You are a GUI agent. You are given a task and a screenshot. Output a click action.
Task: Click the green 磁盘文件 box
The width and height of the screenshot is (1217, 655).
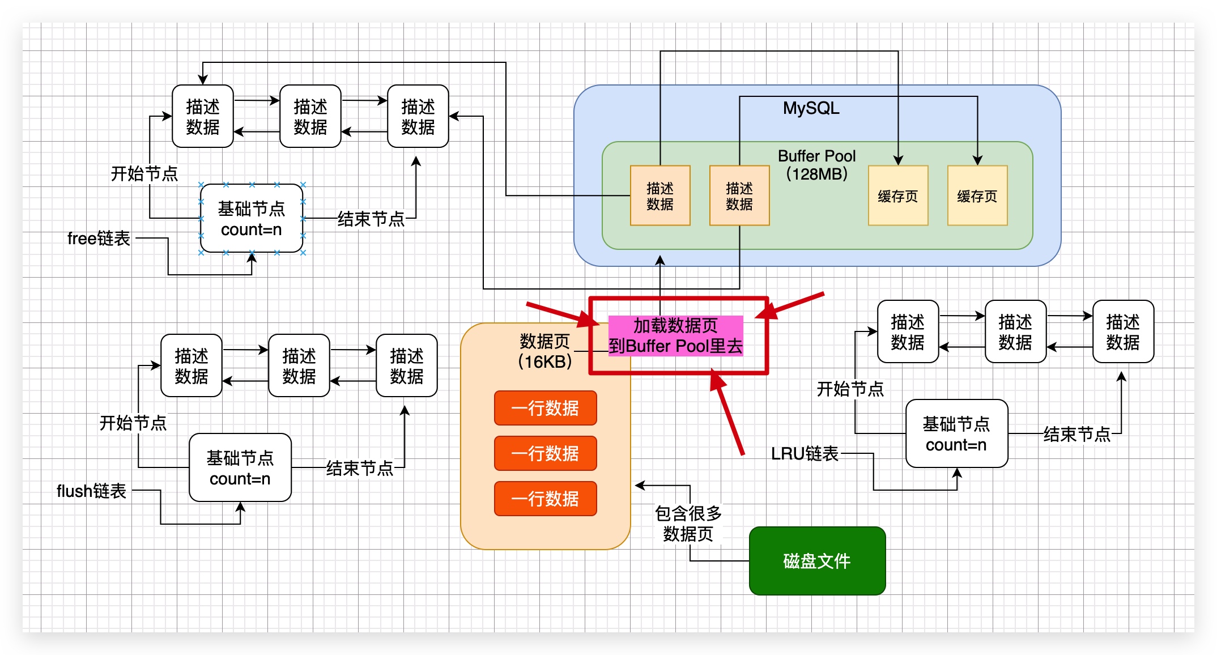pos(816,560)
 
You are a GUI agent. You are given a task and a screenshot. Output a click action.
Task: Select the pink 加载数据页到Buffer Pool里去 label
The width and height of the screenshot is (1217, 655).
pos(675,335)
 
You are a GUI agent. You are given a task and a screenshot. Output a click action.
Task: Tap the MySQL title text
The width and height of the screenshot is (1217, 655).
pos(811,108)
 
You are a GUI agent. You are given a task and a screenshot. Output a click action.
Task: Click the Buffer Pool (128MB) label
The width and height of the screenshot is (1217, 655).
pos(816,165)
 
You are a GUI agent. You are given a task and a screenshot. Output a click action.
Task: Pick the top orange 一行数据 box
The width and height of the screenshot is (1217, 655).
pos(545,408)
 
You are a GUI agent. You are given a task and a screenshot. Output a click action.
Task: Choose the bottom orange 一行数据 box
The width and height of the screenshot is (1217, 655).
pos(545,499)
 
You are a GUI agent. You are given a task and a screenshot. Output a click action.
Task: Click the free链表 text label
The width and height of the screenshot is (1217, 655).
pos(99,239)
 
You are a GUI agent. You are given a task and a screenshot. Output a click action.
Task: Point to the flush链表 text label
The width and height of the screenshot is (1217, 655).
pos(91,491)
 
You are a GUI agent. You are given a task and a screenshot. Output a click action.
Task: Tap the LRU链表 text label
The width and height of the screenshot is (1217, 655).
pos(804,453)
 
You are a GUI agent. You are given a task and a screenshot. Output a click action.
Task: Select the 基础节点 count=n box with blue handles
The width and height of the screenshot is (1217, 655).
pos(251,219)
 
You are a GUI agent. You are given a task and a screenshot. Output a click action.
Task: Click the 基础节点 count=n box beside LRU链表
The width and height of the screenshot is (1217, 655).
pos(956,434)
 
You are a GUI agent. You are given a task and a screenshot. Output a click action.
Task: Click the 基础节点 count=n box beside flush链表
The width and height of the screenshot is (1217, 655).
pos(240,468)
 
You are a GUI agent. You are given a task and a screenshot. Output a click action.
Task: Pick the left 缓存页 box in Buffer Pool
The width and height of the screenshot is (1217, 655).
pos(897,196)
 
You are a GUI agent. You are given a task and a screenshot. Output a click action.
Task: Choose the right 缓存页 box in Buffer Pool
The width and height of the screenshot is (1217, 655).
pos(977,196)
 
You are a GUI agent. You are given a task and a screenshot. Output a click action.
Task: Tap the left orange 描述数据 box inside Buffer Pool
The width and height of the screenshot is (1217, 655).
pos(659,196)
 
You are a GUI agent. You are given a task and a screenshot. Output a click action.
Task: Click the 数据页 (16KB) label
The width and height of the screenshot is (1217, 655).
pos(544,351)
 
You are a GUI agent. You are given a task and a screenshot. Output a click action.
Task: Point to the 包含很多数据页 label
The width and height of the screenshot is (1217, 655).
pos(688,524)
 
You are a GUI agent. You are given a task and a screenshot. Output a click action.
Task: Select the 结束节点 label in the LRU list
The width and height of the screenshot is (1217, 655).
pos(1076,435)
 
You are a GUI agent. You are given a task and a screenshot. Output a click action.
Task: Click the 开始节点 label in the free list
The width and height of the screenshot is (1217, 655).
pos(144,173)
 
